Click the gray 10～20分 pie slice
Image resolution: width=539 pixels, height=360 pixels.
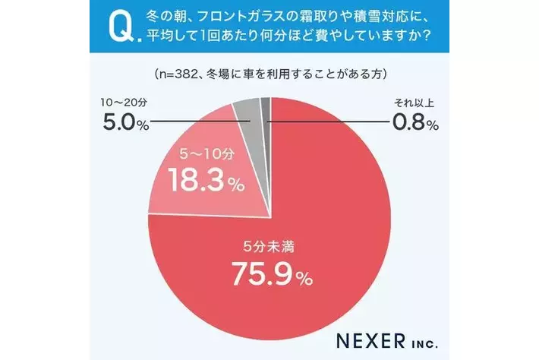pos(247,111)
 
